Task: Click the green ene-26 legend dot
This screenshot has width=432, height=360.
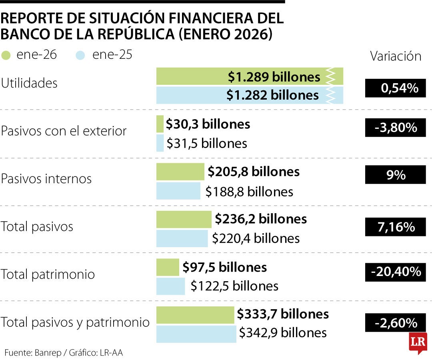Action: pyautogui.click(x=6, y=55)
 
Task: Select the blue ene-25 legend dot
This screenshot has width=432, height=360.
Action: pyautogui.click(x=81, y=55)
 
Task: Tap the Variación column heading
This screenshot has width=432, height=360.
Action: pyautogui.click(x=395, y=56)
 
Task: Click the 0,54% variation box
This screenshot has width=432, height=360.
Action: pyautogui.click(x=395, y=88)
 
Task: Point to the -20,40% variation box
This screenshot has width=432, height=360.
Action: pyautogui.click(x=395, y=272)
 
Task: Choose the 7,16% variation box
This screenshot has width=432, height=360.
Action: pyautogui.click(x=395, y=227)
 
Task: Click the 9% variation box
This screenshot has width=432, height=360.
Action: pyautogui.click(x=395, y=175)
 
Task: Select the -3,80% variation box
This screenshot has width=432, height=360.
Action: pyautogui.click(x=395, y=128)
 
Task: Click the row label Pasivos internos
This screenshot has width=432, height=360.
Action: pyautogui.click(x=46, y=179)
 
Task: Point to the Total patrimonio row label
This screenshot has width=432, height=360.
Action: pyautogui.click(x=48, y=274)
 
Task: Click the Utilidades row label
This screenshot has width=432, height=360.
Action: pyautogui.click(x=29, y=83)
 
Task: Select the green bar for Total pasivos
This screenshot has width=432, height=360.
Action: pyautogui.click(x=184, y=220)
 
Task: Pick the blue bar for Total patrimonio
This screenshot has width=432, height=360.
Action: pyautogui.click(x=170, y=286)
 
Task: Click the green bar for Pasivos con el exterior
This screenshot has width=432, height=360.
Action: pyautogui.click(x=160, y=124)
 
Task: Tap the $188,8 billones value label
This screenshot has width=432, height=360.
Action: pyautogui.click(x=249, y=192)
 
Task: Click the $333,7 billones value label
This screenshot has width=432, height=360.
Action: pyautogui.click(x=283, y=314)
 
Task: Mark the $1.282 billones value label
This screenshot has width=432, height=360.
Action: pyautogui.click(x=272, y=95)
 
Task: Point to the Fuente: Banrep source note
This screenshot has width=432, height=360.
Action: pyautogui.click(x=64, y=353)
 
